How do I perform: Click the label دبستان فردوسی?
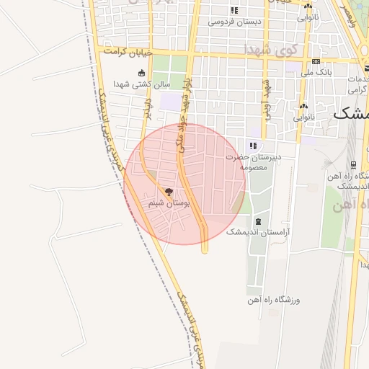[x=235, y=21]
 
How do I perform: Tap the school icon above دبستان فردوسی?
[x=234, y=10]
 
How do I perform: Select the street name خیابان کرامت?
[x=128, y=53]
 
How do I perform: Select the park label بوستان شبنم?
[x=169, y=204]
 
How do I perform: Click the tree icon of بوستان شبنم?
[x=169, y=192]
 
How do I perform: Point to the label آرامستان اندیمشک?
[x=257, y=232]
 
